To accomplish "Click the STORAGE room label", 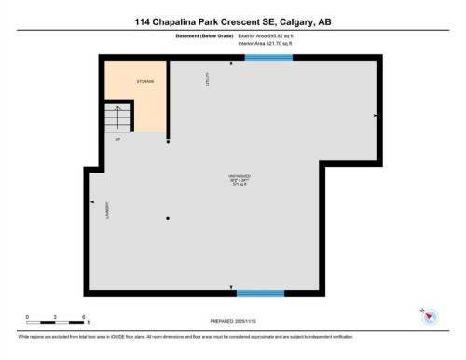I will [145, 82].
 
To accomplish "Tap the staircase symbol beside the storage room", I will [117, 118].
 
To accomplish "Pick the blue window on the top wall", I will [268, 58].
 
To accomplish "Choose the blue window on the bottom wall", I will [260, 293].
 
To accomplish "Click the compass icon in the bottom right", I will [430, 316].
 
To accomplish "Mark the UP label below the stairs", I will [118, 140].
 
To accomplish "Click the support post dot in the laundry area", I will [168, 218].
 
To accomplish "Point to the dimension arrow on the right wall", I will [375, 115].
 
